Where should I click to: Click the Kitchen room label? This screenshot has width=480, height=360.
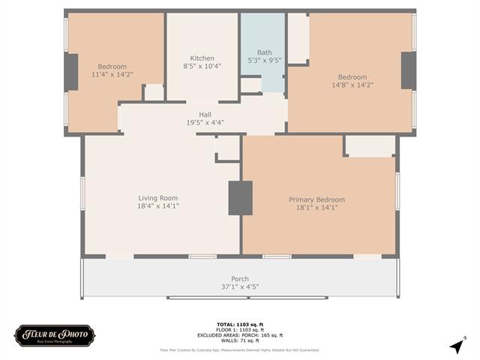pyautogui.click(x=202, y=58)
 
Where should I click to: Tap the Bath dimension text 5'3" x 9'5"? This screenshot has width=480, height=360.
pyautogui.click(x=264, y=61)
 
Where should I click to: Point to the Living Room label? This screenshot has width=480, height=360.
pyautogui.click(x=157, y=198)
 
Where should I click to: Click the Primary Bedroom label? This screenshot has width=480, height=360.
pyautogui.click(x=316, y=199)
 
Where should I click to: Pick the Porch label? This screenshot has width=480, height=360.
pyautogui.click(x=239, y=279)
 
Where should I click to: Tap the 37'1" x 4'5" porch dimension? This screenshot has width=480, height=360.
pyautogui.click(x=239, y=286)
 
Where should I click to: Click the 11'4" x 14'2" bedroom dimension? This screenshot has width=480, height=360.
pyautogui.click(x=112, y=74)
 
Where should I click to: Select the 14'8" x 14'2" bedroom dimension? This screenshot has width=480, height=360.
pyautogui.click(x=352, y=85)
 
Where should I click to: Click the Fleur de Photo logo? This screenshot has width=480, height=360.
pyautogui.click(x=55, y=334)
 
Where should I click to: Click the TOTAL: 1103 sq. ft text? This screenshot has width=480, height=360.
pyautogui.click(x=239, y=324)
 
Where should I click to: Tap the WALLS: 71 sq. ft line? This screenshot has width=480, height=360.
pyautogui.click(x=239, y=340)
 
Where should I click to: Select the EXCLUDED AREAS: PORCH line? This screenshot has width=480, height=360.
pyautogui.click(x=239, y=335)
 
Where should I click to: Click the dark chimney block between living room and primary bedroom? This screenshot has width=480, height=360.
pyautogui.click(x=240, y=198)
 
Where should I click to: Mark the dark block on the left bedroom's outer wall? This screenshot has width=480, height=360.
pyautogui.click(x=71, y=72)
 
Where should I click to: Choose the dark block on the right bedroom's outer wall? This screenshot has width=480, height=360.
pyautogui.click(x=409, y=70)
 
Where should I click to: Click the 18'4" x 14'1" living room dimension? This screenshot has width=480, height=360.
pyautogui.click(x=157, y=206)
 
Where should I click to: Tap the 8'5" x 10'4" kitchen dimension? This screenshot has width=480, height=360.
pyautogui.click(x=202, y=67)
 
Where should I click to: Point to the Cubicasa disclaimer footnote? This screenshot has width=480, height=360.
pyautogui.click(x=239, y=349)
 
